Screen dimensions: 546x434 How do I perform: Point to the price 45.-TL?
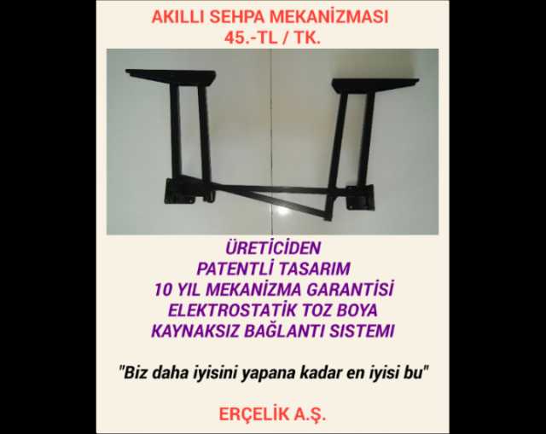pos(251,38)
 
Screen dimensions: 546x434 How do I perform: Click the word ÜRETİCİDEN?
pos(273,248)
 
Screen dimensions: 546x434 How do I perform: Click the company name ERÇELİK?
pos(254,414)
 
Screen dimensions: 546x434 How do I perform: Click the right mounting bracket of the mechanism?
pos(358,197)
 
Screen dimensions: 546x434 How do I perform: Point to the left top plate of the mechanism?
pos(171,77)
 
